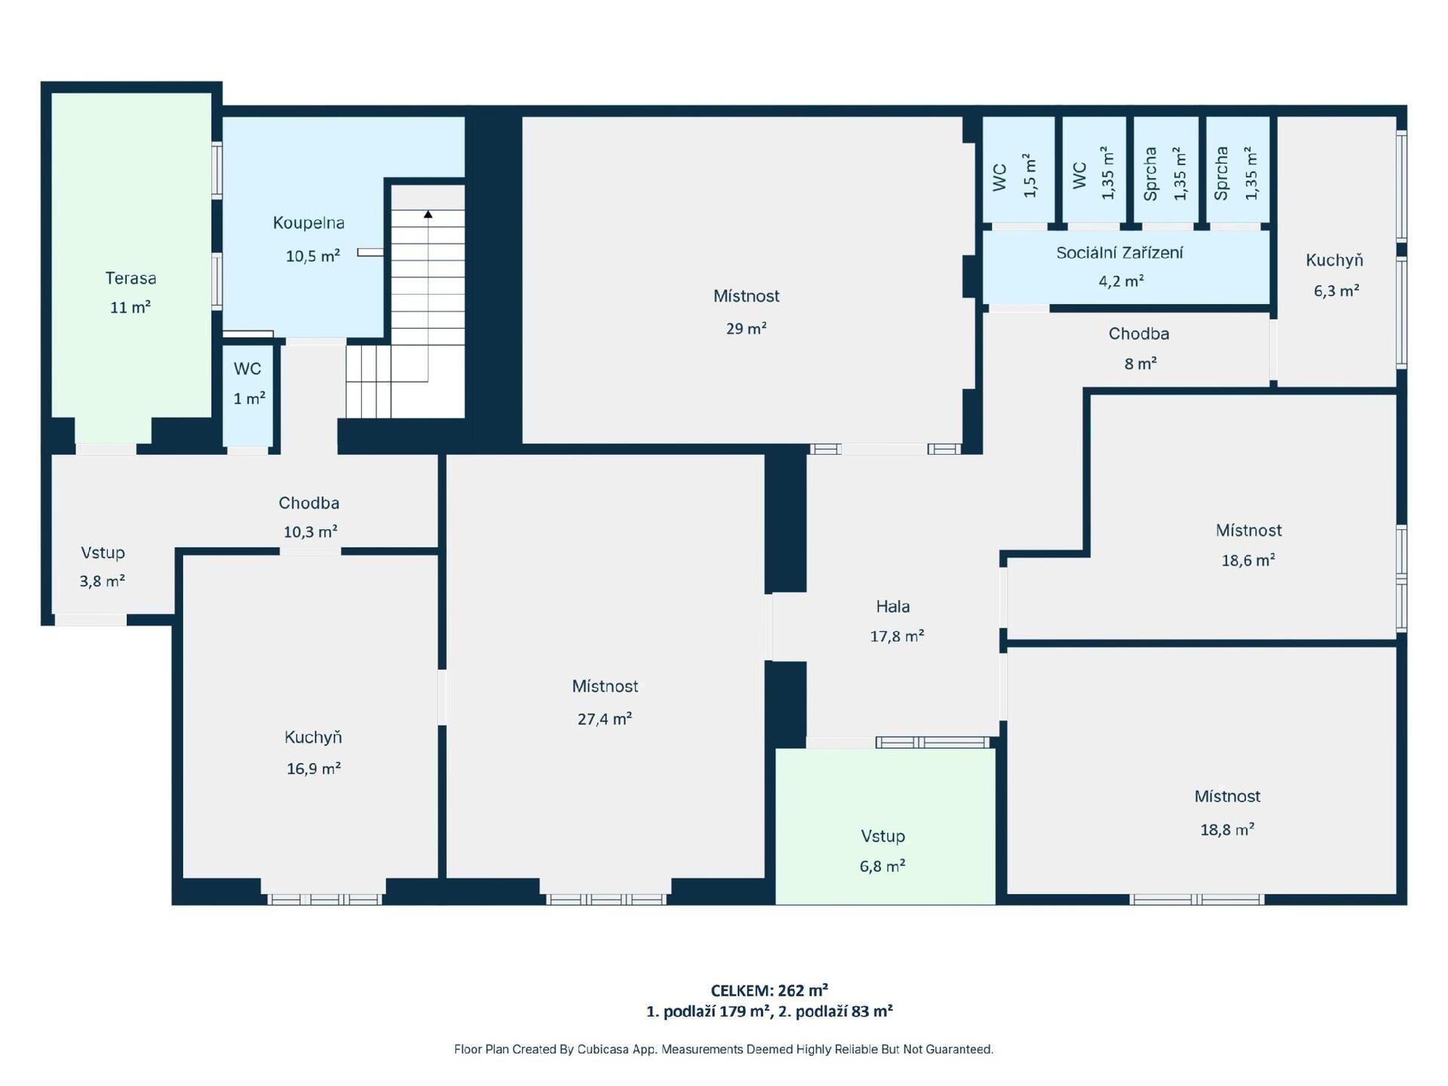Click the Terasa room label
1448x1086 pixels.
pos(130,278)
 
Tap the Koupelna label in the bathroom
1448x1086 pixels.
pos(308,223)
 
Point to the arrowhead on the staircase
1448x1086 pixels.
pos(428,214)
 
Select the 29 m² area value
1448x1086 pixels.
pos(746,328)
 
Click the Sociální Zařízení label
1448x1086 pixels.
pos(1119,253)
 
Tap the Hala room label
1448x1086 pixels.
pos(893,606)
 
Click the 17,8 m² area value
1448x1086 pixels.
pos(897,636)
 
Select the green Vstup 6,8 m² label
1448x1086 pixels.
pos(882,851)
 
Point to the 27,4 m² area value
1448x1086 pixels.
pos(604,719)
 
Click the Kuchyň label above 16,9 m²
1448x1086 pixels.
pos(313,738)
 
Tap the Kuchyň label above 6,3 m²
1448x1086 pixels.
pos(1334,260)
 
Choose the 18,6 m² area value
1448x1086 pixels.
pos(1248,560)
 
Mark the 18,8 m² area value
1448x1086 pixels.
pos(1227,830)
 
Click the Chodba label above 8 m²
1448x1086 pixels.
pos(1139,333)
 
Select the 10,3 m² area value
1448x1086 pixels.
pos(310,532)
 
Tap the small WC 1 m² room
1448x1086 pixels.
pos(248,395)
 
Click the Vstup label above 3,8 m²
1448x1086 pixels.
pos(103,553)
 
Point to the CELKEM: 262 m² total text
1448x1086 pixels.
pos(769,990)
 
